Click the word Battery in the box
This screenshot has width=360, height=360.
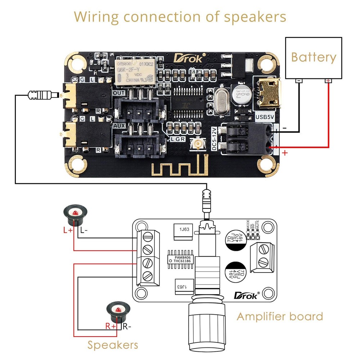[x=314, y=58]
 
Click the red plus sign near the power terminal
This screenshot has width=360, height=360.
[x=285, y=153]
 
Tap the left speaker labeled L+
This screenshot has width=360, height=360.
[x=75, y=214]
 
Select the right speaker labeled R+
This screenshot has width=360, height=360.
[x=118, y=312]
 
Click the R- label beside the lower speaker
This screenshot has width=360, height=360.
[x=127, y=327]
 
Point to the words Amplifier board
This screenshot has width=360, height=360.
[x=279, y=316]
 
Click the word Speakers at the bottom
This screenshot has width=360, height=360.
[x=113, y=345]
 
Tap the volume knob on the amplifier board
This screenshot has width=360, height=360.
[x=206, y=328]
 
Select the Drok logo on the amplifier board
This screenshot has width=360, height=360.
[x=246, y=296]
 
